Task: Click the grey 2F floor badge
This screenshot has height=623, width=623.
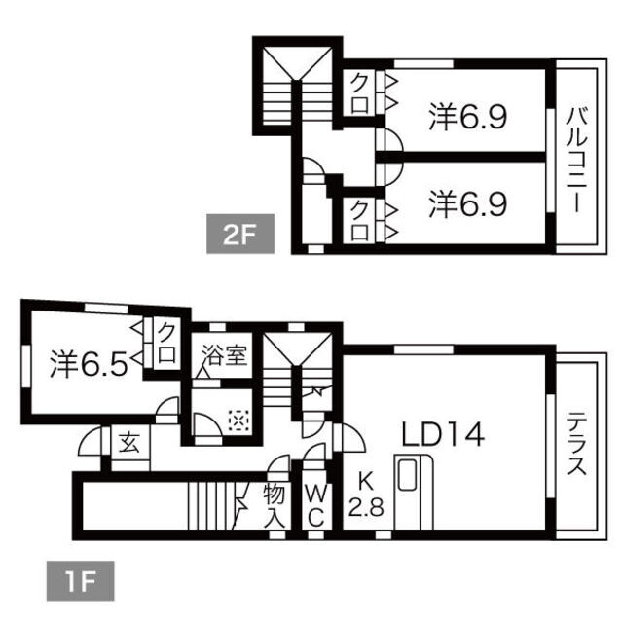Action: (240, 234)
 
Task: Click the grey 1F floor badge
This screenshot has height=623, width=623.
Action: (80, 580)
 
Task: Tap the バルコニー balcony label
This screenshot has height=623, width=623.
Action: (576, 160)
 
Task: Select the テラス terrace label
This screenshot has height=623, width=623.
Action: (576, 444)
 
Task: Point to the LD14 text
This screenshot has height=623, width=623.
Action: (443, 434)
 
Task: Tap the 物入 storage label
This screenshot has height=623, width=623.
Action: (275, 506)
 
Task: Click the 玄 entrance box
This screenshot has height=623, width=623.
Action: (130, 443)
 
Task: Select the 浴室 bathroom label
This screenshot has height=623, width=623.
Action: (225, 354)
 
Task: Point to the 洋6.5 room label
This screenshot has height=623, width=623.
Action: (89, 364)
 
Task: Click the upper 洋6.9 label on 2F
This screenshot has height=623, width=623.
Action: (467, 117)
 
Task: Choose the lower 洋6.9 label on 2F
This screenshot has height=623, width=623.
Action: (467, 204)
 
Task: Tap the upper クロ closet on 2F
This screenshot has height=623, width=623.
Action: (359, 93)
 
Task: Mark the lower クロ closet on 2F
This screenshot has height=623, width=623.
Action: (359, 221)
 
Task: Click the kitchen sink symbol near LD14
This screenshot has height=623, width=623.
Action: (407, 474)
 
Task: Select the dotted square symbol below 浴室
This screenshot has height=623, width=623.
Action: (238, 421)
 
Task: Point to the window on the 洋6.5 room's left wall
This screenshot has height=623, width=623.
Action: (26, 366)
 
